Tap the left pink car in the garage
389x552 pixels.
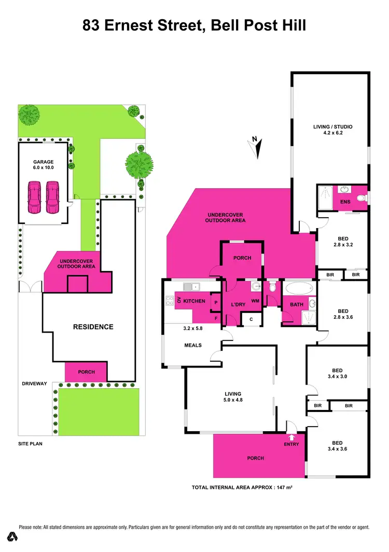coord(34,197)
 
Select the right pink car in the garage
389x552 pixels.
coord(52,197)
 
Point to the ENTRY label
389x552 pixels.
coord(291,444)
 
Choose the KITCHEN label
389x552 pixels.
coord(195,301)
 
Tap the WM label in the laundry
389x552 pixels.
coord(255,301)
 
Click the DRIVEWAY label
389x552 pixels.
coord(34,384)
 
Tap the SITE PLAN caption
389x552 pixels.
coord(30,445)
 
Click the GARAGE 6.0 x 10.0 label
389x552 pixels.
coord(44,165)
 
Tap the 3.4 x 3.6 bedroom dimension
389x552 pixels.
coord(337,449)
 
